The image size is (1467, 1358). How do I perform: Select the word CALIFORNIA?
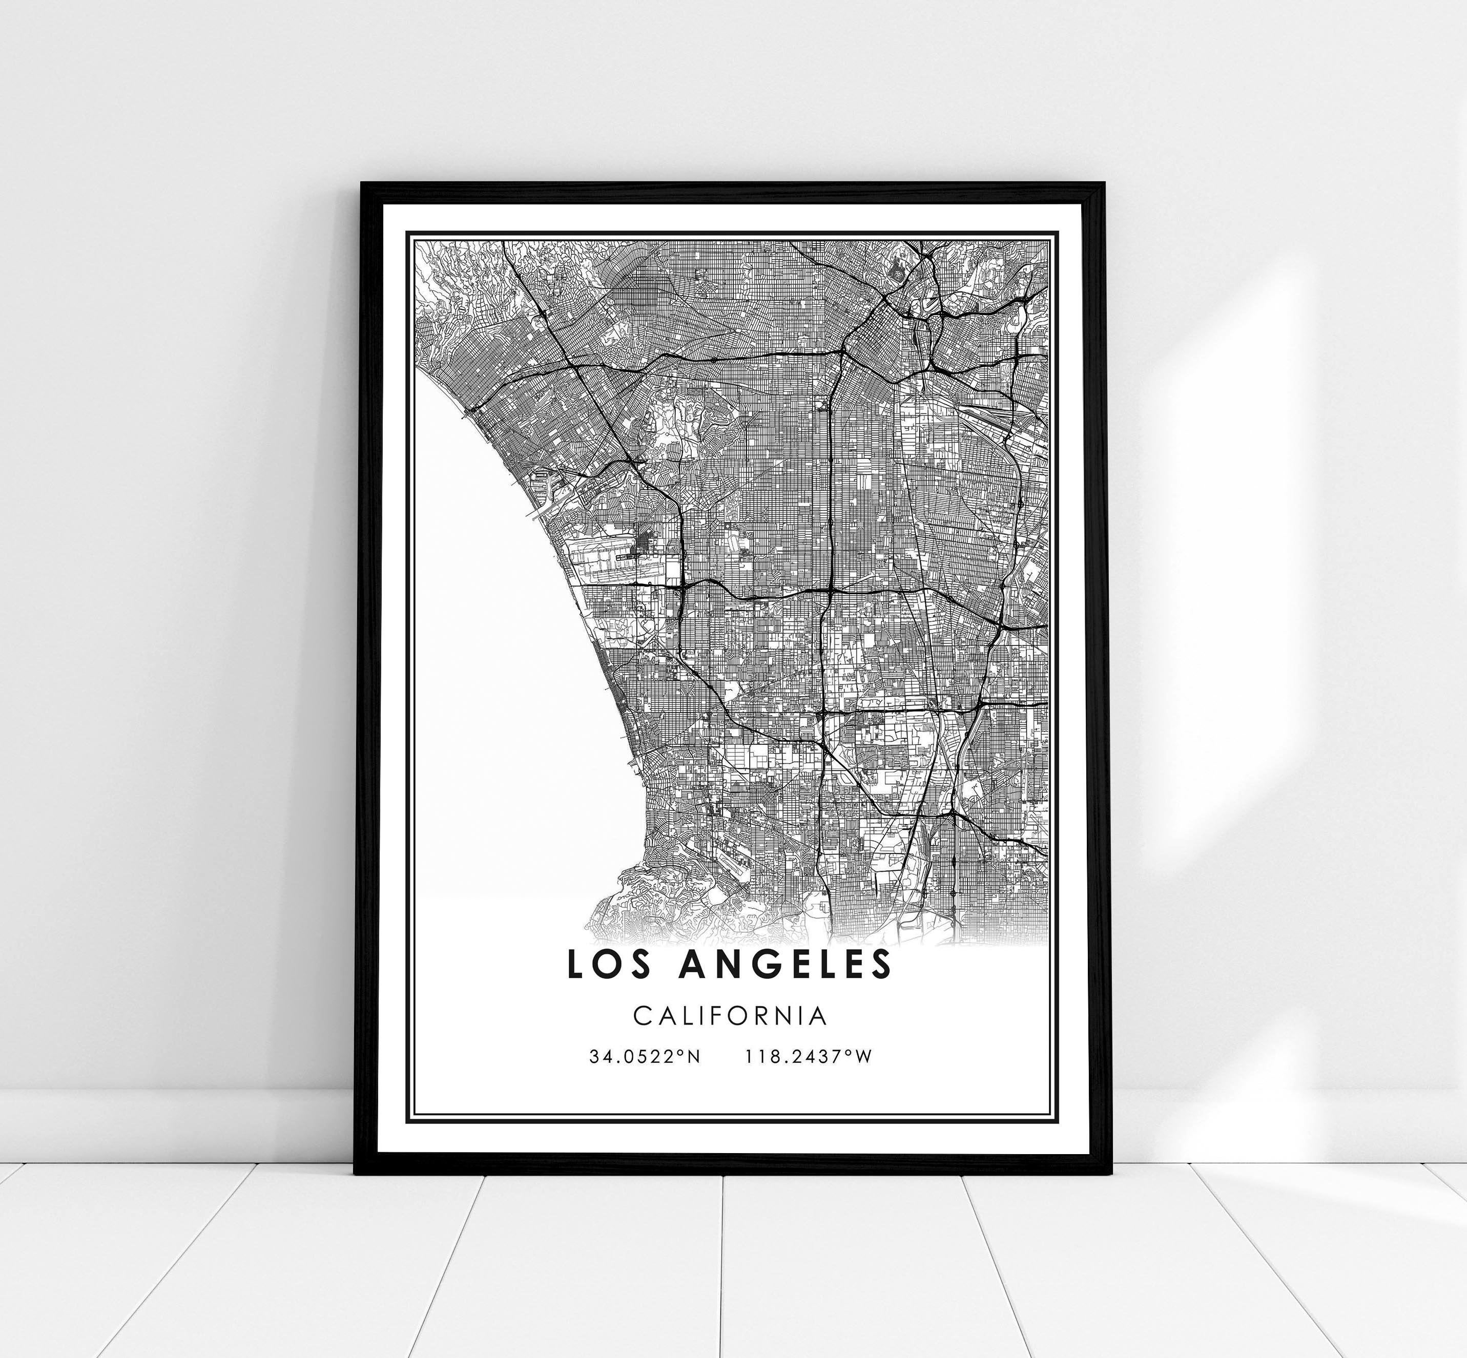(730, 1016)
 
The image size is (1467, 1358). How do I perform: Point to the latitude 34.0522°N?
(645, 1057)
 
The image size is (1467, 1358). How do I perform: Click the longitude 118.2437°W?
(809, 1057)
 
